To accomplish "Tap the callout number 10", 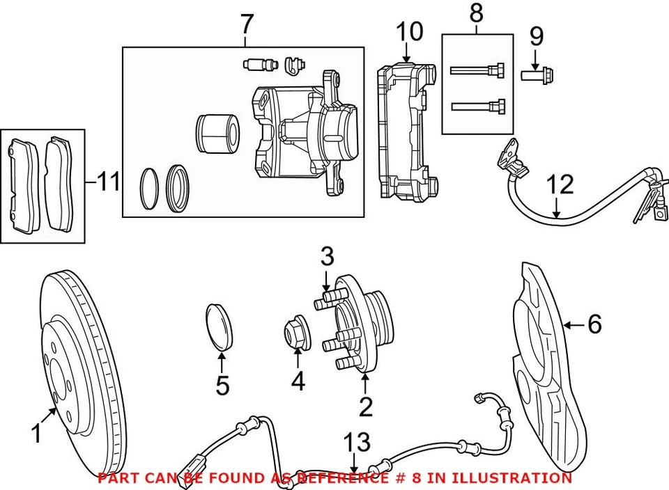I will (410, 31).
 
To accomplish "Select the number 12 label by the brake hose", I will (560, 185).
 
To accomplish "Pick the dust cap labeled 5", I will (221, 325).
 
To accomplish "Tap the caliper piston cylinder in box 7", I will (218, 132).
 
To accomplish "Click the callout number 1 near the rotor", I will (36, 434).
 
